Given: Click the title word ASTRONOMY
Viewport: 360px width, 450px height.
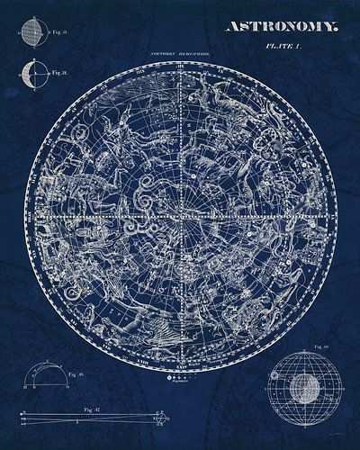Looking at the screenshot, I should coord(281,27).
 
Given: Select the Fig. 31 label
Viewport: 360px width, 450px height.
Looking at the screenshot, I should coord(60,31).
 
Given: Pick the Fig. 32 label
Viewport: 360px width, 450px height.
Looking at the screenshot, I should coord(60,72).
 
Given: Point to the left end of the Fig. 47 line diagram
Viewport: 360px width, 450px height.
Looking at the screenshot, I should coord(20,416).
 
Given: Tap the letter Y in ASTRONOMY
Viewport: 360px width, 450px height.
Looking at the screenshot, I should coord(333,27).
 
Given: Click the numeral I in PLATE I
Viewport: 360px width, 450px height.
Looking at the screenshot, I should coord(303,48).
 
